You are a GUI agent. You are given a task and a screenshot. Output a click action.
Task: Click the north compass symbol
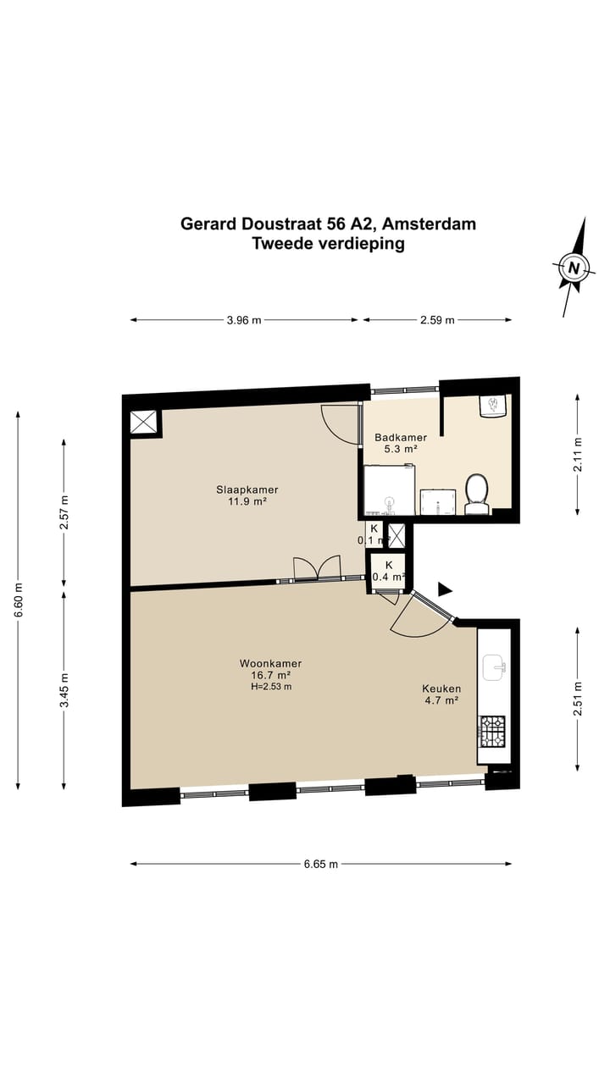(574, 268)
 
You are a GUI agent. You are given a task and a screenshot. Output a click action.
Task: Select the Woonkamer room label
(270, 669)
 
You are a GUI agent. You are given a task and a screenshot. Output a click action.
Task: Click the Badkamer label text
(401, 443)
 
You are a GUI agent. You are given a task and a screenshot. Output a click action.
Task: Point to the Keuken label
(441, 694)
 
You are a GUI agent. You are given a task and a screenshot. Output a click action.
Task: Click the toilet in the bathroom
(477, 494)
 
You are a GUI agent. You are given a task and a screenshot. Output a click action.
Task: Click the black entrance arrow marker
(445, 589)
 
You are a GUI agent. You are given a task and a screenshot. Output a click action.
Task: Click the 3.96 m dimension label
(244, 320)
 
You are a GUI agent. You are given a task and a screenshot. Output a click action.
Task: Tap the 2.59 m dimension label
(437, 320)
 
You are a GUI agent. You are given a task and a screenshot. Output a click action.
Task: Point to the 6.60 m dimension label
(19, 599)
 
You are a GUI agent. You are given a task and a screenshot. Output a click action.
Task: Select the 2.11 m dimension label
(578, 453)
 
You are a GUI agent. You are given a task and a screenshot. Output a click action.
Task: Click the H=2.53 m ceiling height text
(271, 687)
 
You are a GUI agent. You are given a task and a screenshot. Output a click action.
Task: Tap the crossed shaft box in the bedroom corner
(143, 422)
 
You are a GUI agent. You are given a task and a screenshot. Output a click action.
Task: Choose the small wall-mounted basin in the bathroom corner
(492, 406)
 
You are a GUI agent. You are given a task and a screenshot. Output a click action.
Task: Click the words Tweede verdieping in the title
(328, 244)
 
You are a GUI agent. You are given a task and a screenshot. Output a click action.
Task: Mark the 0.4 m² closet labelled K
(387, 571)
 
